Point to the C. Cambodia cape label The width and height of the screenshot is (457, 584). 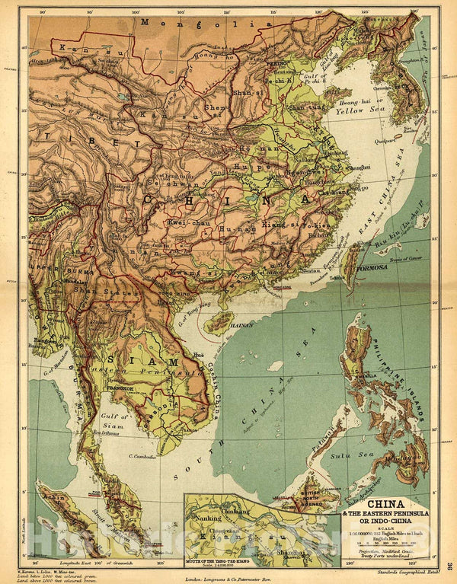coord(143,457)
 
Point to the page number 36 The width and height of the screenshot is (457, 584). coord(450,565)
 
